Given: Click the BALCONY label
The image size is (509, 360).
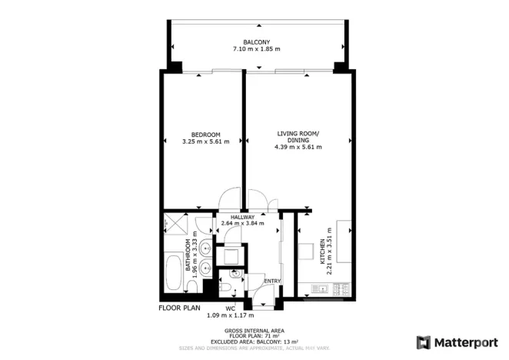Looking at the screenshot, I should [x=254, y=42].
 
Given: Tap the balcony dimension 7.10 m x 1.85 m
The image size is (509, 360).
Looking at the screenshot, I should [x=254, y=49].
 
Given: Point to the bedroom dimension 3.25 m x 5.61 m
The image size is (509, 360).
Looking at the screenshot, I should [x=205, y=142].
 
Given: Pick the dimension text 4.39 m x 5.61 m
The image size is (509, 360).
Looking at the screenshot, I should [x=298, y=148].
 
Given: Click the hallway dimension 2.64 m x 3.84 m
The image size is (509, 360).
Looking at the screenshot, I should [x=242, y=224].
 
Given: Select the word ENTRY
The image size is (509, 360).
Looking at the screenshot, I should [x=272, y=281].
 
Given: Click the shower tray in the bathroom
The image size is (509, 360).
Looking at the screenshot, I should [x=175, y=225].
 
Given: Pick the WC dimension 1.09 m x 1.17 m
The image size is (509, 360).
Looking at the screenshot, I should [x=230, y=315].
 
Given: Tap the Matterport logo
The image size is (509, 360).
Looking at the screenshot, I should [x=455, y=342].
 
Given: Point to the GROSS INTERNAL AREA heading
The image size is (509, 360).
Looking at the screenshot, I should [x=254, y=332].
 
